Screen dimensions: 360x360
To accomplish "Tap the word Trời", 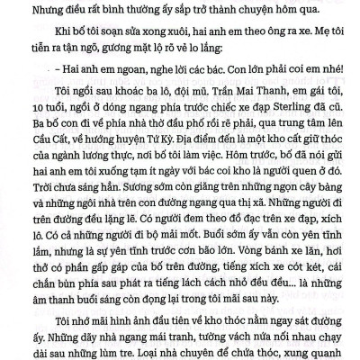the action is [28, 209].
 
